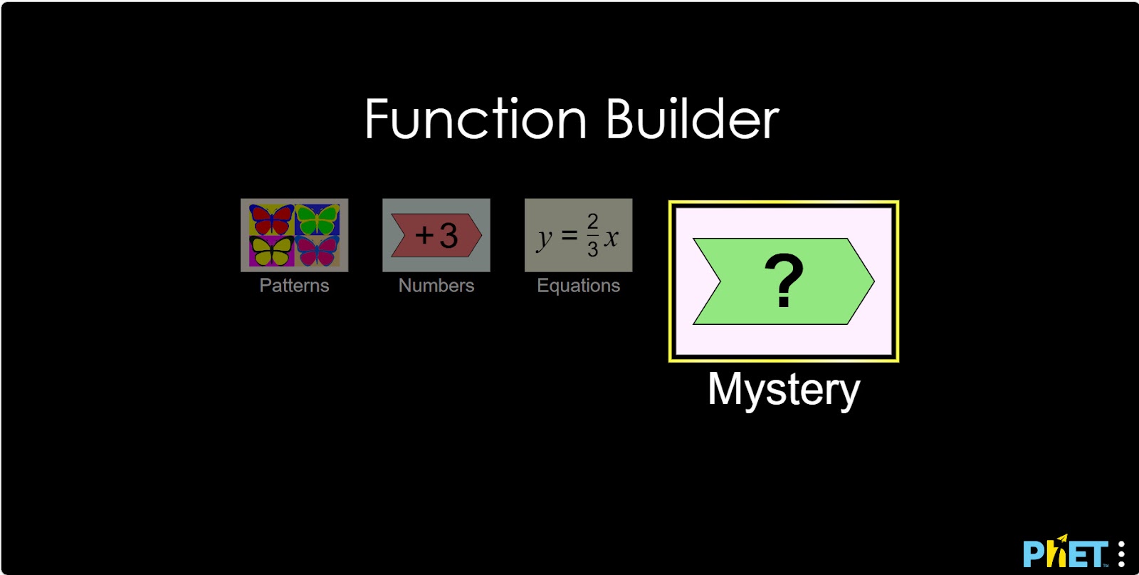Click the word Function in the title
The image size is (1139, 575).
[476, 119]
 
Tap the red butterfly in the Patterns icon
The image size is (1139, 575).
[271, 219]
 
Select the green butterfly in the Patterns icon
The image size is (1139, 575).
[317, 219]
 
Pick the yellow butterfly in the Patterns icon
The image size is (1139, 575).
[271, 251]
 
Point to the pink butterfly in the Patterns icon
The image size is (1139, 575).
[317, 251]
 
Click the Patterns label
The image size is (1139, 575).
[295, 286]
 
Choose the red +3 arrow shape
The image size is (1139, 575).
[436, 235]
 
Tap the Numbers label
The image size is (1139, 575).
[436, 286]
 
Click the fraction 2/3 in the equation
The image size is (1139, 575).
[592, 235]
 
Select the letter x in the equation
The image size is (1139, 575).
[612, 237]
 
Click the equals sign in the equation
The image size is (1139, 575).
[569, 235]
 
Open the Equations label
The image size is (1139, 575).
[579, 286]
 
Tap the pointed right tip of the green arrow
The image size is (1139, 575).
[873, 281]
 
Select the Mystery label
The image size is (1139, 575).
[784, 390]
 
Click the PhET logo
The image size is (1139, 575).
[1065, 551]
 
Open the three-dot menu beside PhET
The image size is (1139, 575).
[1121, 554]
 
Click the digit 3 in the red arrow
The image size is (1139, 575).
[448, 235]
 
